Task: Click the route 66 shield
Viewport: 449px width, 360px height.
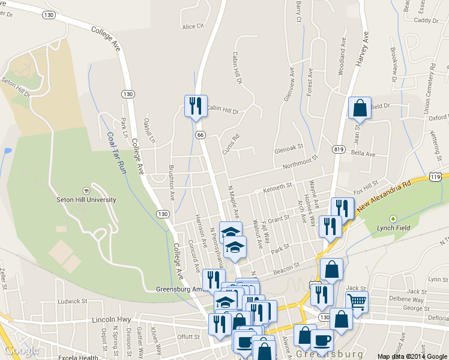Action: (x=200, y=134)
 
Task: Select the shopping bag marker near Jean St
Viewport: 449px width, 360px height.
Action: (x=360, y=109)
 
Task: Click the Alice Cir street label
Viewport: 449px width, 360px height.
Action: (x=193, y=26)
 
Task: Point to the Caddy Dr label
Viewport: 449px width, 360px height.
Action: (x=427, y=20)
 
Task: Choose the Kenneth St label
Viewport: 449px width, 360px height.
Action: (x=277, y=187)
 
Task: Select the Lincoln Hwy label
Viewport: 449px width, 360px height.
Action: (x=107, y=320)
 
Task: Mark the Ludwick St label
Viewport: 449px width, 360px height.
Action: (x=72, y=301)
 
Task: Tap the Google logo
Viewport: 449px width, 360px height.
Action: (x=22, y=350)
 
